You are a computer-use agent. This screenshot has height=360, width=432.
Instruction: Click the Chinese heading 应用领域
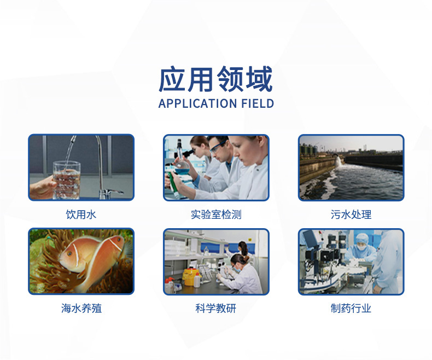(215, 79)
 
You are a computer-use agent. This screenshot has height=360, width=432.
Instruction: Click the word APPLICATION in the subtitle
(197, 103)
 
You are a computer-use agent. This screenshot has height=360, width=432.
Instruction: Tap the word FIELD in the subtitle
(258, 103)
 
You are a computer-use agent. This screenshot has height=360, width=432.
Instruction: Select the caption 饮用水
(81, 214)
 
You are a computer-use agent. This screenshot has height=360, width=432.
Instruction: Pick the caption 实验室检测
(216, 214)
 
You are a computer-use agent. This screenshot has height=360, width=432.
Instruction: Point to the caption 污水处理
(351, 214)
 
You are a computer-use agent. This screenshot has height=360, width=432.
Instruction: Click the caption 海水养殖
(81, 308)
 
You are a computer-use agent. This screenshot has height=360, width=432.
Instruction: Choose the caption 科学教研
(215, 308)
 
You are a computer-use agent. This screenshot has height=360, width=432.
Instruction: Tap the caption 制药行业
(351, 308)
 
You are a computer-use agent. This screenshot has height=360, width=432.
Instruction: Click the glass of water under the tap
(67, 181)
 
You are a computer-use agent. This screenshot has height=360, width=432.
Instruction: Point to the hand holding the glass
(42, 188)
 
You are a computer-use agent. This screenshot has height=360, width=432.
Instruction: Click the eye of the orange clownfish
(69, 253)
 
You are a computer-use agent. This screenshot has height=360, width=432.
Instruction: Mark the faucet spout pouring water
(72, 139)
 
